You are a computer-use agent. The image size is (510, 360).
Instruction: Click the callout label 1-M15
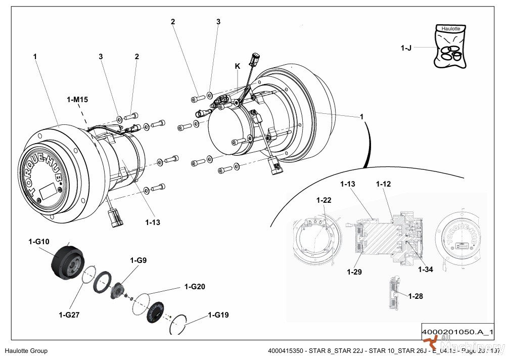click(77, 100)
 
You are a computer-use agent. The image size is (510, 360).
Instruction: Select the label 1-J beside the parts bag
click(406, 48)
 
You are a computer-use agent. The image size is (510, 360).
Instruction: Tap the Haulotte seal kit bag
click(450, 47)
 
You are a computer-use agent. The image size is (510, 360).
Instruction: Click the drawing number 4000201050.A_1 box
click(457, 332)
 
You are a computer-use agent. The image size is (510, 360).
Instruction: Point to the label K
click(238, 66)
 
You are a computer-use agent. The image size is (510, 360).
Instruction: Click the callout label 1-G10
click(39, 242)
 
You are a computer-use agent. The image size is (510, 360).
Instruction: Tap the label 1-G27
click(69, 314)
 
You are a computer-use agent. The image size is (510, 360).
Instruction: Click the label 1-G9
click(138, 260)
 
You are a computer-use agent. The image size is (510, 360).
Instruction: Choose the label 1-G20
click(195, 287)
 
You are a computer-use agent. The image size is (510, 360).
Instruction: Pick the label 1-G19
click(218, 315)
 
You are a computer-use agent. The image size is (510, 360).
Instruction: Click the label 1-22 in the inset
click(324, 201)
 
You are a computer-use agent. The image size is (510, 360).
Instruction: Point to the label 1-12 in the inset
click(383, 184)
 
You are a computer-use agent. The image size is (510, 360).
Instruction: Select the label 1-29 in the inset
click(354, 272)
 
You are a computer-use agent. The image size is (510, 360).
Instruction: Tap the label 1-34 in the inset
click(425, 269)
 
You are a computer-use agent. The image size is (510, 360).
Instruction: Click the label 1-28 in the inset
click(415, 296)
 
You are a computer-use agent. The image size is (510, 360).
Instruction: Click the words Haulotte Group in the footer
click(26, 351)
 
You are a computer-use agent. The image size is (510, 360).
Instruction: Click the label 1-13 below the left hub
click(153, 222)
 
